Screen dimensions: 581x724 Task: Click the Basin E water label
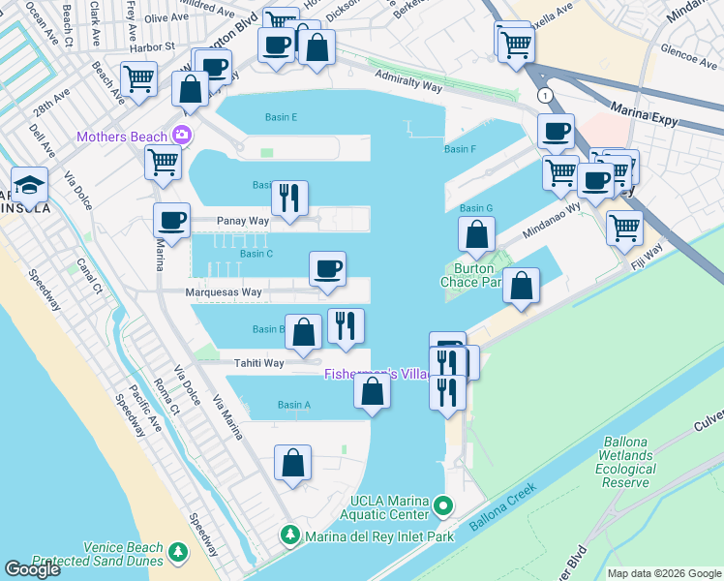pyautogui.click(x=281, y=117)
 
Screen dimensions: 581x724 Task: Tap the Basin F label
pyautogui.click(x=460, y=149)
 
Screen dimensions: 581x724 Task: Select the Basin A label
pyautogui.click(x=294, y=405)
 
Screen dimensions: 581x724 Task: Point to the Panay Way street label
pyautogui.click(x=242, y=221)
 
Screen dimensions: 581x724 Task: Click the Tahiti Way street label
pyautogui.click(x=258, y=363)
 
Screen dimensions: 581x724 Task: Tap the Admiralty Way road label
pyautogui.click(x=408, y=86)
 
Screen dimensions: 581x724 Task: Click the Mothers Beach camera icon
pyautogui.click(x=181, y=136)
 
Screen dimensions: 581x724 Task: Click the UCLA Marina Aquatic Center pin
pyautogui.click(x=443, y=505)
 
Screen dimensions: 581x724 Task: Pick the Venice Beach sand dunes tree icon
pyautogui.click(x=177, y=552)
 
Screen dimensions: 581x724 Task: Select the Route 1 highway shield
pyautogui.click(x=547, y=95)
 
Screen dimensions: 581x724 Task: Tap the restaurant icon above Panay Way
pyautogui.click(x=289, y=198)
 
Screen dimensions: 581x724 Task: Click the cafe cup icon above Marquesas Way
pyautogui.click(x=328, y=268)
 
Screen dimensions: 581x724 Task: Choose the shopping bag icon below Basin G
pyautogui.click(x=476, y=233)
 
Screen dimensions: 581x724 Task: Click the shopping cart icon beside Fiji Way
pyautogui.click(x=624, y=228)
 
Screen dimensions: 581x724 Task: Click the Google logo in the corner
pyautogui.click(x=32, y=569)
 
